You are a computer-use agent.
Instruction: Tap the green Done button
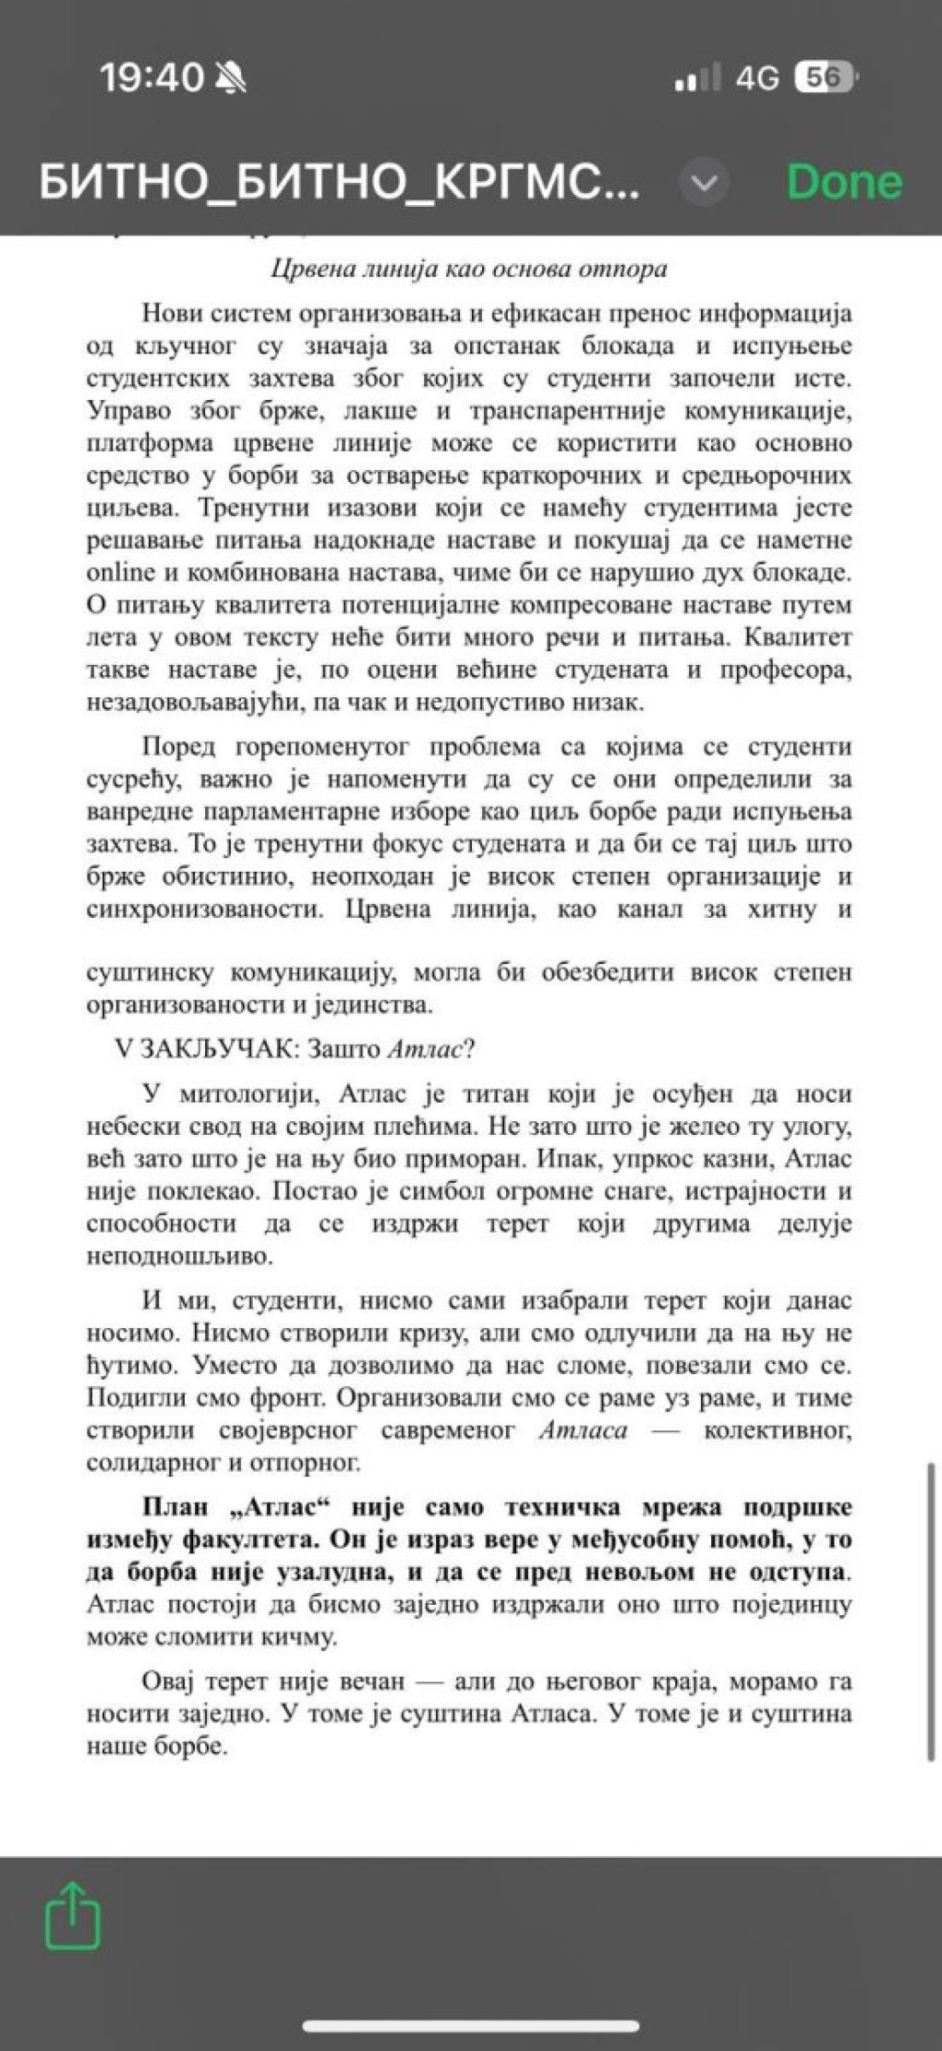844,182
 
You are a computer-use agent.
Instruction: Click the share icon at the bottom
73,1914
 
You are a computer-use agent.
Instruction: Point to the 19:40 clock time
151,78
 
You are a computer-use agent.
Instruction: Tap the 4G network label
756,79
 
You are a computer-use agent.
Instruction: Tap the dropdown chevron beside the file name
704,183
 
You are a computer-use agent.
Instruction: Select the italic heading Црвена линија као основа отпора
469,269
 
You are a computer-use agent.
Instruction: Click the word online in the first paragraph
121,572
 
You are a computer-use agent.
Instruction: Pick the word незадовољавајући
189,703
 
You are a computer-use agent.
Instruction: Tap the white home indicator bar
471,2024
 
